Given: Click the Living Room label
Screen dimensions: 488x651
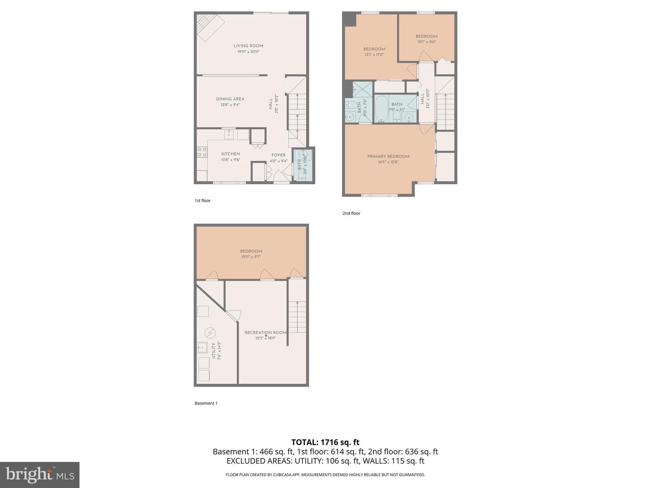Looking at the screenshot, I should (x=248, y=46).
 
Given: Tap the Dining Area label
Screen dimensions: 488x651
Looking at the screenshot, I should (x=230, y=99).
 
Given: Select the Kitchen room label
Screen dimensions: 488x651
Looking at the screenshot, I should (x=230, y=154).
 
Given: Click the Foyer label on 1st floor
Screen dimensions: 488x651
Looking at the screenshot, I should (x=278, y=155).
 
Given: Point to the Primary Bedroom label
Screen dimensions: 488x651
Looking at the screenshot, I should (x=388, y=156).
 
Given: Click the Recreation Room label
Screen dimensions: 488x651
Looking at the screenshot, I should (x=265, y=333).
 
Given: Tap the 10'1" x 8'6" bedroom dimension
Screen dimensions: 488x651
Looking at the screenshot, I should (x=426, y=42).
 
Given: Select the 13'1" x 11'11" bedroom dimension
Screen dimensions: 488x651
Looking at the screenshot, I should (x=374, y=55).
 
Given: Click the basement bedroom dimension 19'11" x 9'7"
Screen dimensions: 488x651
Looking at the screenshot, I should (x=251, y=257).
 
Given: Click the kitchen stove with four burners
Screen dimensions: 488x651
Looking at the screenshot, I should (x=202, y=152).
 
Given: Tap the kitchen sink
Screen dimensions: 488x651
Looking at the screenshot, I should (x=229, y=134).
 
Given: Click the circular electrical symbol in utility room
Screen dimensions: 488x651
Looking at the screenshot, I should (x=210, y=333).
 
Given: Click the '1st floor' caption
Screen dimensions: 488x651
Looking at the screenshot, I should (x=203, y=201).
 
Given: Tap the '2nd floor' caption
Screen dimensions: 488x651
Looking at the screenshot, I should (x=351, y=213).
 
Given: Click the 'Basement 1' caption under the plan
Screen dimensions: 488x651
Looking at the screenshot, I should (x=206, y=403).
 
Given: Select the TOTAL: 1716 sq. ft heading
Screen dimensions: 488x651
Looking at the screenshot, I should (x=325, y=442).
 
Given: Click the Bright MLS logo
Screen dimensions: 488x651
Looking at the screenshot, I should (x=40, y=474).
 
